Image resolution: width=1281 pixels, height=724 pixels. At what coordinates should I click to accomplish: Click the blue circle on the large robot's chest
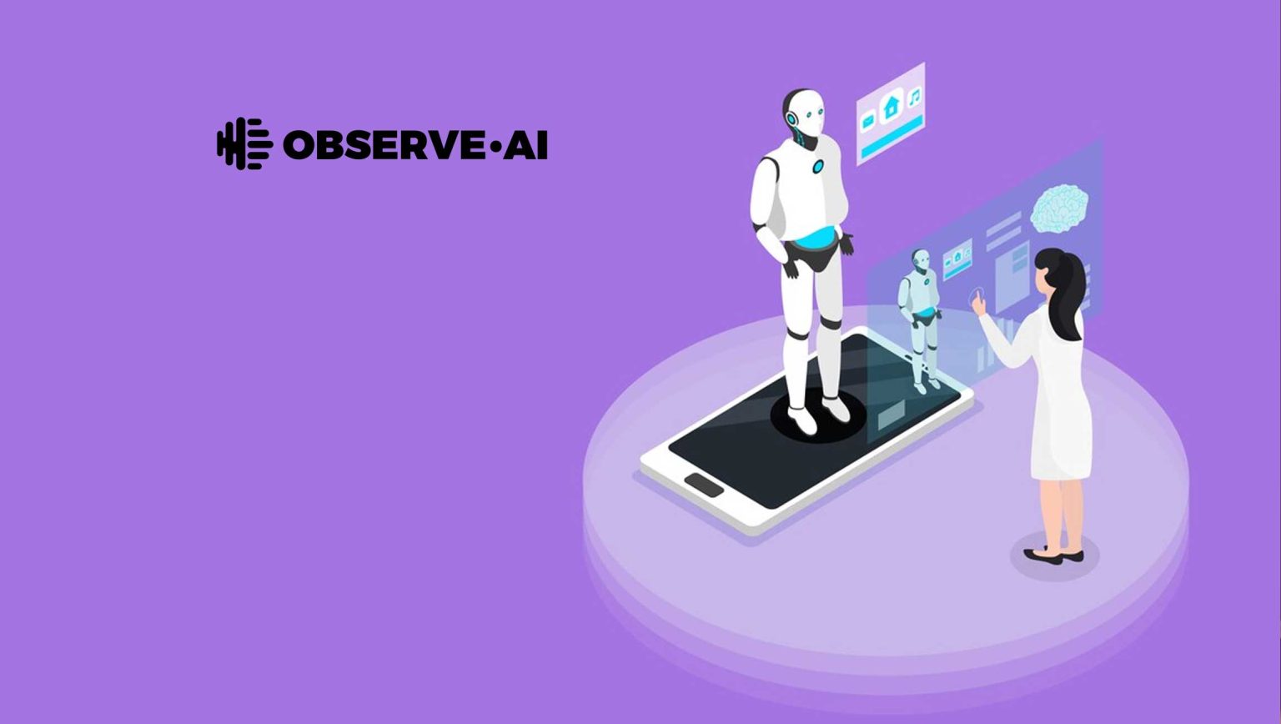[818, 167]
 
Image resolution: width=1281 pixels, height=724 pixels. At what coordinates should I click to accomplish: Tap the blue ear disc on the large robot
[791, 119]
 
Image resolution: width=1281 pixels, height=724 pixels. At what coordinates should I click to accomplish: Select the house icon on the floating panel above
[891, 107]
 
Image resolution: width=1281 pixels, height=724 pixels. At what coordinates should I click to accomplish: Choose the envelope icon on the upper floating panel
[867, 122]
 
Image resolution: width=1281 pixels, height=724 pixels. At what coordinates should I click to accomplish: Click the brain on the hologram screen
[1059, 206]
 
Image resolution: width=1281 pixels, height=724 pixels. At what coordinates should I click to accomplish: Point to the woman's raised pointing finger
[974, 295]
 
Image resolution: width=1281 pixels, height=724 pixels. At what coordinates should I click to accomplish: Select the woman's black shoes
[1054, 555]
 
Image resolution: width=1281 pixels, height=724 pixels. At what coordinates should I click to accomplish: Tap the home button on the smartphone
[704, 485]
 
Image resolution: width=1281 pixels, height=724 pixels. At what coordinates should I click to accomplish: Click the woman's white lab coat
[1059, 400]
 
